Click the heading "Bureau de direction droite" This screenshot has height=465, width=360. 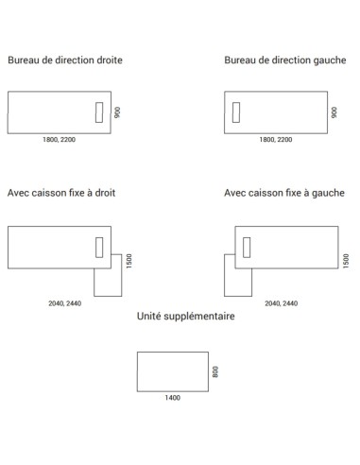tap(64, 60)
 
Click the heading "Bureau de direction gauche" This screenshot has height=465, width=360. tap(283, 60)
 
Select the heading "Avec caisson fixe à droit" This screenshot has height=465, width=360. tap(61, 192)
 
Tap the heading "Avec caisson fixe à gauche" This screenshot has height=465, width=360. tap(284, 192)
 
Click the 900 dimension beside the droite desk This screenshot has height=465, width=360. tap(119, 112)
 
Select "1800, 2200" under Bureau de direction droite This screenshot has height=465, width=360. tap(59, 140)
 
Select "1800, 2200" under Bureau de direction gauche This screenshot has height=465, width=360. tap(276, 140)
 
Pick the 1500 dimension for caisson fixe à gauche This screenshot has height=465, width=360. tap(346, 259)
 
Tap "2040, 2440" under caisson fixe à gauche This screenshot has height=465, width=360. tap(282, 304)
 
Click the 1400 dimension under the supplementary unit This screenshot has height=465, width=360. tap(172, 397)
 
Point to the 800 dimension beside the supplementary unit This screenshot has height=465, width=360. tap(216, 371)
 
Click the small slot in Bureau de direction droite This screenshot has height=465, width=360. tap(99, 112)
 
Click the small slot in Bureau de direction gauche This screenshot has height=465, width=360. tap(235, 112)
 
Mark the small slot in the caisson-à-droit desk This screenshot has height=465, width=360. tap(99, 247)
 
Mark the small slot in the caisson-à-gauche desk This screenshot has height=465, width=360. tap(247, 247)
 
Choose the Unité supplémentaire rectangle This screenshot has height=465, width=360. tap(172, 370)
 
